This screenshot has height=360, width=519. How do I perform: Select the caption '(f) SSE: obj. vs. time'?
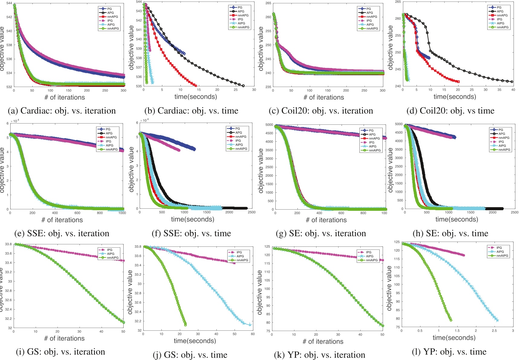(x=191, y=233)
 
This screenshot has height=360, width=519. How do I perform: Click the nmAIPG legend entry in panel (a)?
(x=113, y=29)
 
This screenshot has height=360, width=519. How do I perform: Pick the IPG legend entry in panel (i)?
(x=109, y=250)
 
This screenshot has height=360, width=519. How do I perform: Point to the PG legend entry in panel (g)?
(x=371, y=130)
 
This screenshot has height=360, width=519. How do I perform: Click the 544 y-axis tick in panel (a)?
(x=9, y=3)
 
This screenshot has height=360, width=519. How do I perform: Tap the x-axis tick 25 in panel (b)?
(x=236, y=90)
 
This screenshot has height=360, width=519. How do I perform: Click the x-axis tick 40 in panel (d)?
(x=513, y=90)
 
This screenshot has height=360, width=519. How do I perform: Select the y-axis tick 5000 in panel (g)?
(x=269, y=125)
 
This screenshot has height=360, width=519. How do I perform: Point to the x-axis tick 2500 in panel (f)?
(x=251, y=212)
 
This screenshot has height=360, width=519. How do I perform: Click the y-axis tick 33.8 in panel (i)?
(x=8, y=244)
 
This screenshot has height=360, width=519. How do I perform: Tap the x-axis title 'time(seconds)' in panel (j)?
(x=195, y=341)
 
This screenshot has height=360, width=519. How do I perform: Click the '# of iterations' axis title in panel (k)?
(x=323, y=342)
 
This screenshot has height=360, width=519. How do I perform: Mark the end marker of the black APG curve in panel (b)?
(x=243, y=86)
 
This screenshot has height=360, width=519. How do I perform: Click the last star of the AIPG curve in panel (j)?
(x=250, y=325)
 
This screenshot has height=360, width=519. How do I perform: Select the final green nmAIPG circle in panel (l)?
(x=451, y=320)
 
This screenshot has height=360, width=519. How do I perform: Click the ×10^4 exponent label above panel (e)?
(x=15, y=121)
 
